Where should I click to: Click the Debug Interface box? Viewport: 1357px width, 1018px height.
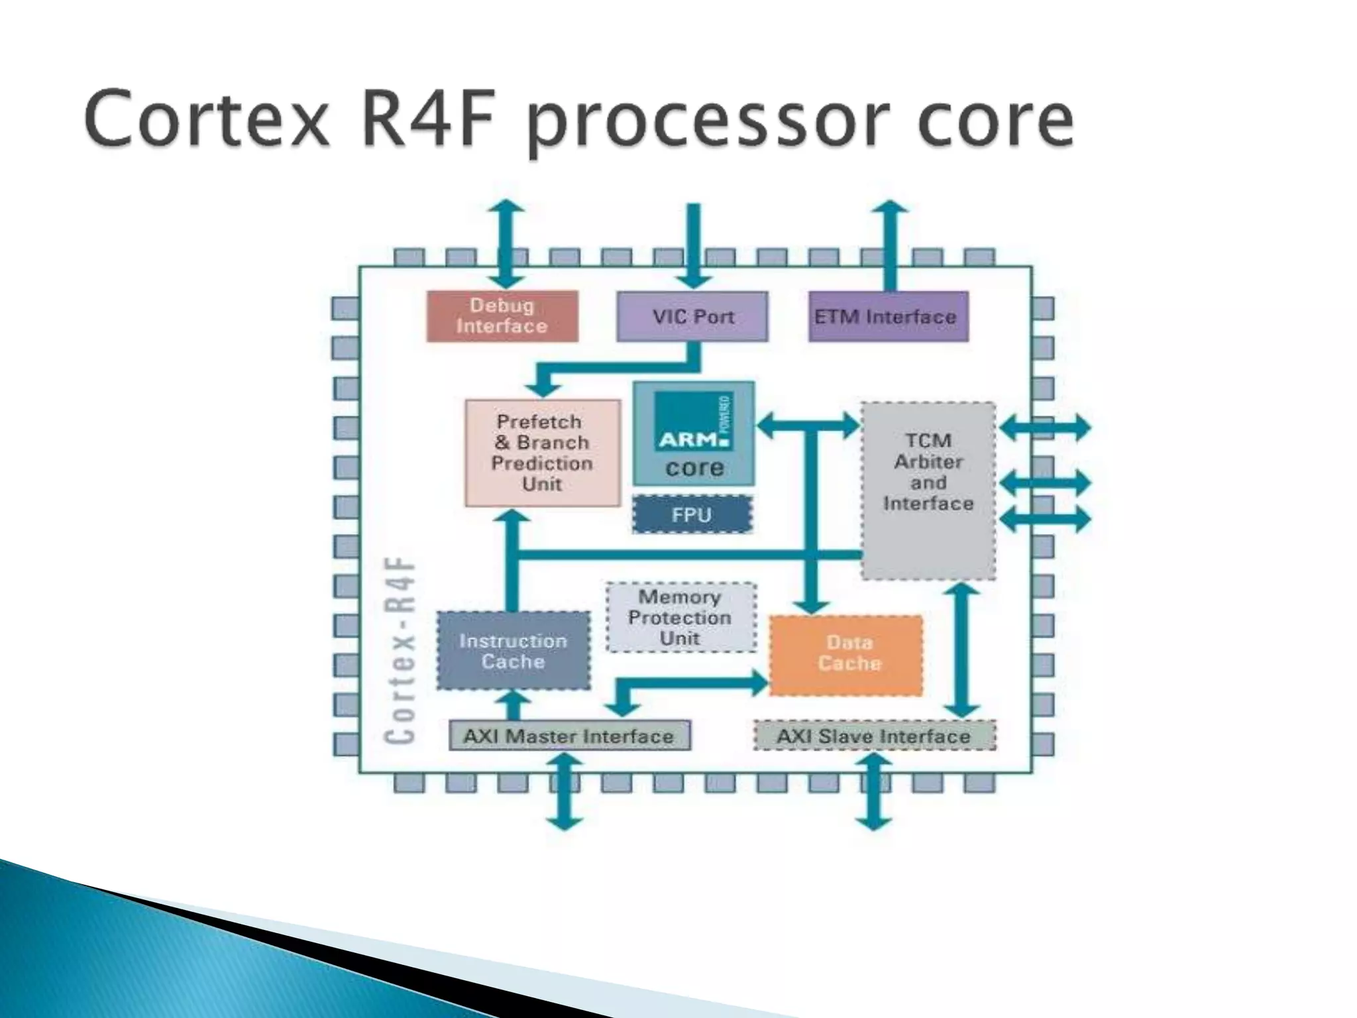pos(502,316)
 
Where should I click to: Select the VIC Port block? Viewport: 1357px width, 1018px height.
pos(692,316)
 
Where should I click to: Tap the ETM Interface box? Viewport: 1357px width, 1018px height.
pos(888,316)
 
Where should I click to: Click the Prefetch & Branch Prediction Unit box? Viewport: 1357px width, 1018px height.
pos(542,453)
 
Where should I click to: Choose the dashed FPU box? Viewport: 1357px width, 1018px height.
pos(692,514)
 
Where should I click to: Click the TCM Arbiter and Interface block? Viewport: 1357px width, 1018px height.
pos(928,490)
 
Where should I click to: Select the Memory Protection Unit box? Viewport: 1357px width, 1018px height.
pos(680,617)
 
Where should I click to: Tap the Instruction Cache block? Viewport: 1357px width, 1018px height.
pos(513,651)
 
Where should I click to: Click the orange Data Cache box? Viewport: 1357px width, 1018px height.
pos(846,655)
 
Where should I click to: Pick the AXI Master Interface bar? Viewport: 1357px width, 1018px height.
pos(569,736)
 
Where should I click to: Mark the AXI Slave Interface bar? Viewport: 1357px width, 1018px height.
pos(875,736)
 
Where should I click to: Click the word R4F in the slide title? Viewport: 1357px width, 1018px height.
pos(430,119)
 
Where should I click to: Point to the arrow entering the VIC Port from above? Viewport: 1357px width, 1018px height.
pos(693,245)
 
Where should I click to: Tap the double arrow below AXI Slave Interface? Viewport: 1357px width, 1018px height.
pos(874,792)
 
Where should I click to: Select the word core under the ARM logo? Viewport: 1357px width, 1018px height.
pos(694,467)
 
